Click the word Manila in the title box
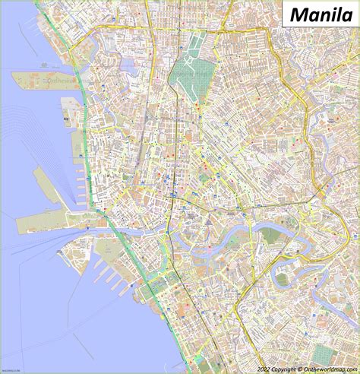(320, 14)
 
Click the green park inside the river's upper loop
(271, 235)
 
